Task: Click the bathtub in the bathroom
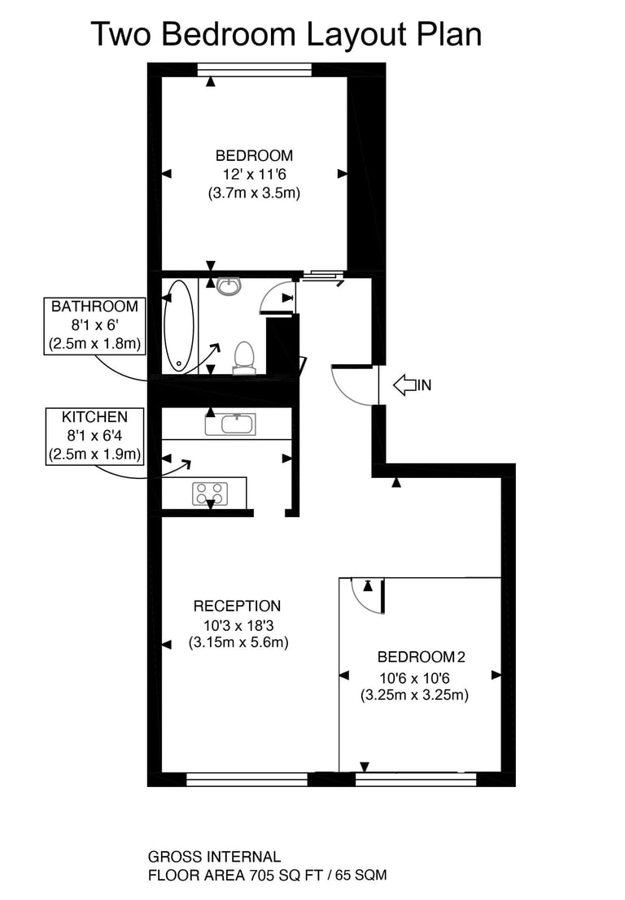click(x=179, y=326)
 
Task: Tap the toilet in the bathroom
click(x=244, y=359)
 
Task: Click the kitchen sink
click(x=230, y=424)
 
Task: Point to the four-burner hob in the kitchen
click(x=210, y=493)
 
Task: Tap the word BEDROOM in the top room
click(x=254, y=155)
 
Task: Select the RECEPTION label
click(x=238, y=607)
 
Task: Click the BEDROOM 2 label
click(x=421, y=657)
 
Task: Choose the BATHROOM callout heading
click(x=94, y=307)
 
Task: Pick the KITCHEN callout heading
click(x=94, y=417)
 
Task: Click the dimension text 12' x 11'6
click(x=255, y=174)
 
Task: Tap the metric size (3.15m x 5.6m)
click(x=238, y=642)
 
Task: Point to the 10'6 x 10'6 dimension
click(x=414, y=678)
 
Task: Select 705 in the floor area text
click(x=262, y=876)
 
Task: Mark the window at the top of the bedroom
click(x=255, y=69)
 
